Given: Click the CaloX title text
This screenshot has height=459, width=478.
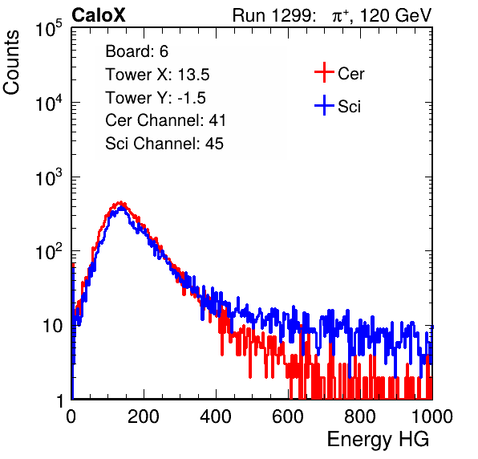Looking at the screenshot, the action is tap(98, 15).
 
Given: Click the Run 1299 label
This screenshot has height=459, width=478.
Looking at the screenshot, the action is tap(273, 15).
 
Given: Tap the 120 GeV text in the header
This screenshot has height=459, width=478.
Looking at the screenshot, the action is tap(395, 15).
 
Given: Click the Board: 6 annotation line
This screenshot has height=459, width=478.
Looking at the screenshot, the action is tap(137, 51).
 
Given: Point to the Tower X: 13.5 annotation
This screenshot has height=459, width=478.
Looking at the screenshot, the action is tap(157, 75).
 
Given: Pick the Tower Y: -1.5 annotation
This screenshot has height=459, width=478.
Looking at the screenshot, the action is tap(156, 98).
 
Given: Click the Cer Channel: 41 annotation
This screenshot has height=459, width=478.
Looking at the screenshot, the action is tap(165, 120).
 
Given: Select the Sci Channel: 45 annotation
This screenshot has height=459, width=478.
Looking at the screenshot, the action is tap(164, 144).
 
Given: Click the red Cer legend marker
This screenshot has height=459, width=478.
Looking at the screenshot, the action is tap(324, 72).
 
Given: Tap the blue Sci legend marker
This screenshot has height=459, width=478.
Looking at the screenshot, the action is tap(324, 106).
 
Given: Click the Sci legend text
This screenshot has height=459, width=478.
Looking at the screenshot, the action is tap(350, 107).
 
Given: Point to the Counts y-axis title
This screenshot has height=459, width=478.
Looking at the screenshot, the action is tap(11, 63).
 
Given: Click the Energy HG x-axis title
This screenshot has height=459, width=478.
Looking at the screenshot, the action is tap(378, 440).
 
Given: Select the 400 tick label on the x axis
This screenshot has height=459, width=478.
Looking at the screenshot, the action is tap(216, 416).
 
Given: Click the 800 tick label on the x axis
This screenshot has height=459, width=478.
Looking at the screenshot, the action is tap(360, 416).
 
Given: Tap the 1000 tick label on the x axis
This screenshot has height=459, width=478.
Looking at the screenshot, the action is tap(432, 416).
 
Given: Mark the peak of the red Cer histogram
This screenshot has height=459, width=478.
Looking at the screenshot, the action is tap(121, 202).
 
